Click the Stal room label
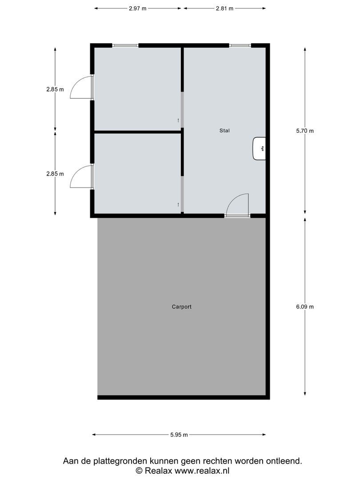pyautogui.click(x=224, y=131)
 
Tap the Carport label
pyautogui.click(x=181, y=307)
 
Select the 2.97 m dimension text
pyautogui.click(x=138, y=8)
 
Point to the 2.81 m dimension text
pyautogui.click(x=224, y=8)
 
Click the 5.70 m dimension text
pyautogui.click(x=305, y=131)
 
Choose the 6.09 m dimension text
pyautogui.click(x=305, y=307)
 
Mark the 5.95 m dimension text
pyautogui.click(x=179, y=435)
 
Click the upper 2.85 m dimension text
pyautogui.click(x=55, y=89)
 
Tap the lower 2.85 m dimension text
pyautogui.click(x=55, y=174)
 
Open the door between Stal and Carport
pyautogui.click(x=237, y=205)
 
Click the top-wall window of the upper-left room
pyautogui.click(x=125, y=45)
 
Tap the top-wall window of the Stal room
pyautogui.click(x=240, y=45)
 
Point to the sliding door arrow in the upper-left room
pyautogui.click(x=178, y=120)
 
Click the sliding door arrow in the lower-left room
pyautogui.click(x=178, y=204)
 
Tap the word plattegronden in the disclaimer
pyautogui.click(x=116, y=461)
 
